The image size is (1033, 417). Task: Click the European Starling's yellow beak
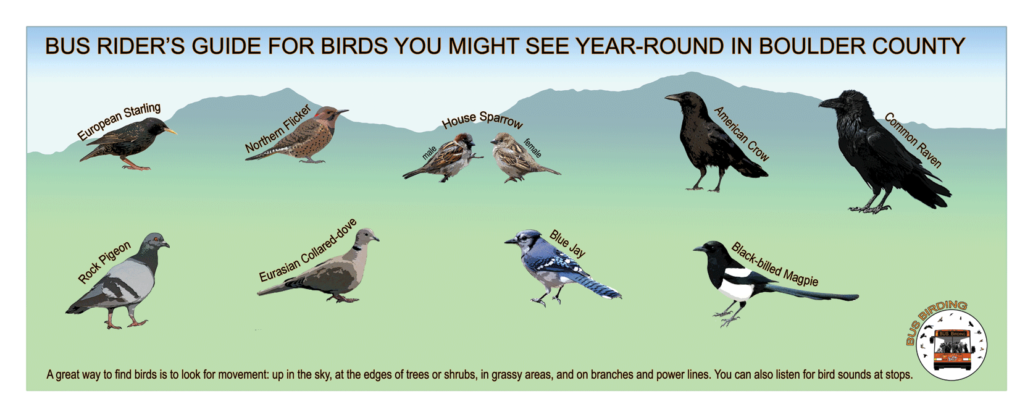[170, 132]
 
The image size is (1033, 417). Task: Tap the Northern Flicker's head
[329, 114]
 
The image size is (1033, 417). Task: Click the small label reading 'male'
[429, 153]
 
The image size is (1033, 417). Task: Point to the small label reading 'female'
[533, 148]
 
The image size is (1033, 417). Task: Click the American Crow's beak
[674, 97]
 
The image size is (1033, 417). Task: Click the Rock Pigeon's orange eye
[156, 239]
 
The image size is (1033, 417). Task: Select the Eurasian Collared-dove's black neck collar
[357, 248]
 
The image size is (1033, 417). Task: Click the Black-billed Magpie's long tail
[811, 292]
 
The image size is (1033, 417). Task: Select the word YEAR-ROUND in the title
[650, 46]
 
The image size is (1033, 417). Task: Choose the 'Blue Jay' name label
[567, 243]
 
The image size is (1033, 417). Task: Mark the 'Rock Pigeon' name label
[104, 262]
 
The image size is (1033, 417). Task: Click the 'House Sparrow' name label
[482, 119]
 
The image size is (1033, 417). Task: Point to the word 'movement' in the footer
[243, 374]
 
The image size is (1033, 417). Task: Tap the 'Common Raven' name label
[914, 140]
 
